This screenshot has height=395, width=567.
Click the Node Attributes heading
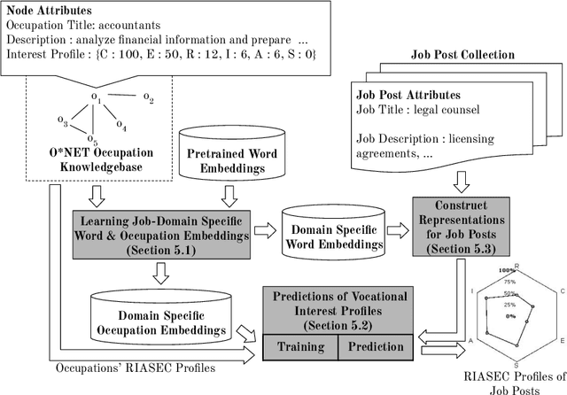(x=52, y=12)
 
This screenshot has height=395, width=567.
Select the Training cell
(x=299, y=346)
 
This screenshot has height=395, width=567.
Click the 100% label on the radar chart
(x=508, y=269)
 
